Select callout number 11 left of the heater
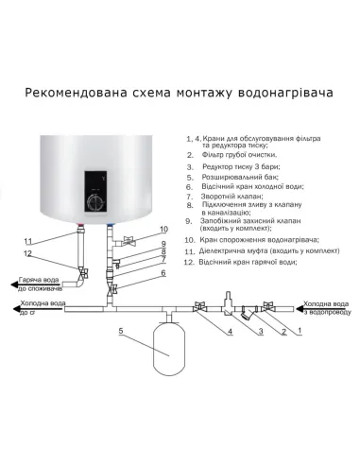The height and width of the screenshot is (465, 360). [x=27, y=240]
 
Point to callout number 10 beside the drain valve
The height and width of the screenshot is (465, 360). [x=163, y=230]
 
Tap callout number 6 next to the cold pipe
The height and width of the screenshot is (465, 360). [x=163, y=272]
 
